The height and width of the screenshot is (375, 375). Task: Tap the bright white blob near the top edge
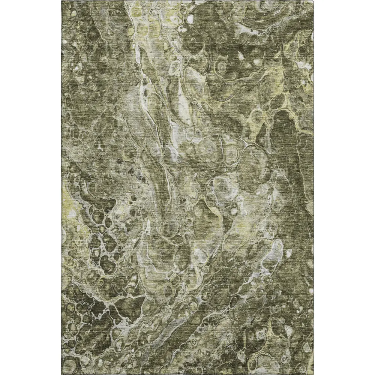(x=190, y=18)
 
